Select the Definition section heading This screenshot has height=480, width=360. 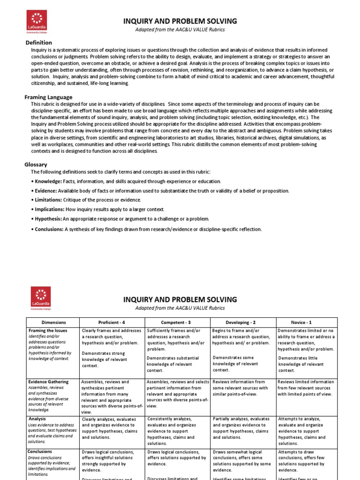tap(38, 43)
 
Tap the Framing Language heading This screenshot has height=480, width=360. tap(48, 97)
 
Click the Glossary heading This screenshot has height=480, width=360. tap(36, 165)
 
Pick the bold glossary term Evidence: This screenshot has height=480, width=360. tap(46, 191)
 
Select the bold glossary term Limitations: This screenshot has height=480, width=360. tap(49, 200)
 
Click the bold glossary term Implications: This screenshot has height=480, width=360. tap(50, 209)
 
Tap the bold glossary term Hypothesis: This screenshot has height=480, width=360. tap(49, 219)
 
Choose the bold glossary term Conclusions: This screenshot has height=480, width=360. tap(49, 229)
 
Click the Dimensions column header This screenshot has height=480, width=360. tap(53, 322)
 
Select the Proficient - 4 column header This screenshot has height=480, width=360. tap(112, 322)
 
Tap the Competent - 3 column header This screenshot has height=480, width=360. tap(177, 322)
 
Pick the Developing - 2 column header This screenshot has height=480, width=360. tap(242, 322)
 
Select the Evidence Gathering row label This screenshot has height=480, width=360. tap(48, 382)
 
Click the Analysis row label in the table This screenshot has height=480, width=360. tap(37, 419)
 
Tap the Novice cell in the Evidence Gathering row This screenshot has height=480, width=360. tap(306, 388)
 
